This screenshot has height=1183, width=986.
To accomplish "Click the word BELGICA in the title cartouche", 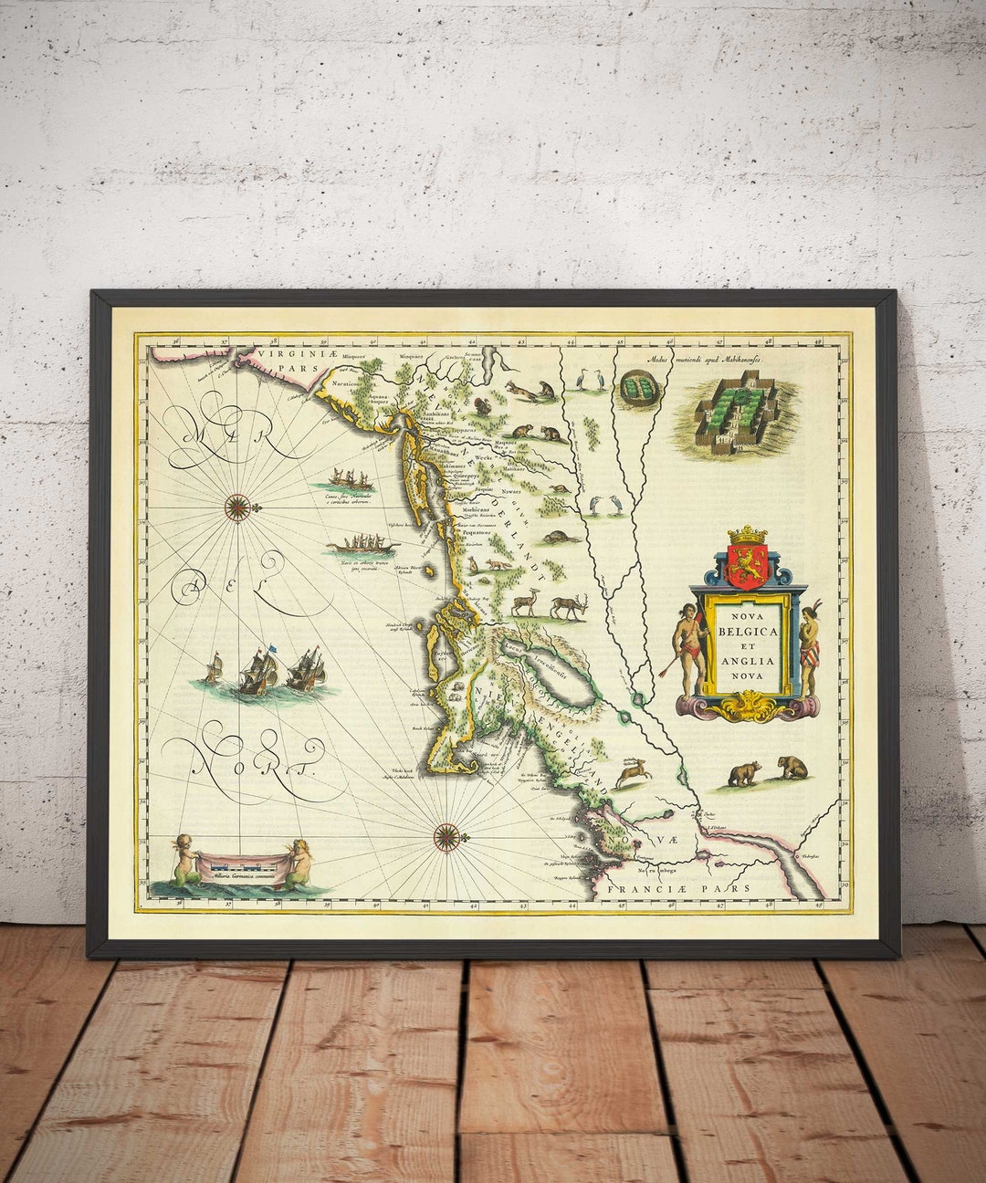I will click(748, 631).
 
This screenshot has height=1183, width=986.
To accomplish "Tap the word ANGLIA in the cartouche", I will click(748, 661).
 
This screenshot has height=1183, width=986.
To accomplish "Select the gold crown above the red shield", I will click(747, 534).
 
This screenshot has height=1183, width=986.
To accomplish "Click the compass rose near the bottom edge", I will click(446, 835).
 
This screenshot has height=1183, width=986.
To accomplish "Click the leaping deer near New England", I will click(631, 773).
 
